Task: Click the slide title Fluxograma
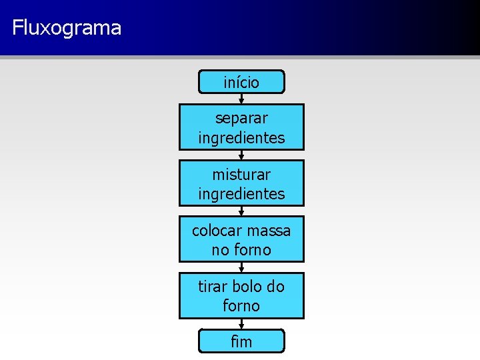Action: pyautogui.click(x=67, y=28)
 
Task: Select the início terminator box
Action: pyautogui.click(x=241, y=82)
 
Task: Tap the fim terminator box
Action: pyautogui.click(x=241, y=341)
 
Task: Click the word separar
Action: pyautogui.click(x=241, y=118)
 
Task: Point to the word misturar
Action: pyautogui.click(x=241, y=175)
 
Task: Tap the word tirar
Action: pyautogui.click(x=213, y=287)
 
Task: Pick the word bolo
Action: pyautogui.click(x=247, y=287)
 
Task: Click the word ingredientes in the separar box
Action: pyautogui.click(x=241, y=138)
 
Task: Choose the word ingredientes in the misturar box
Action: pyautogui.click(x=241, y=194)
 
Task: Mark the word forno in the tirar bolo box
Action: pyautogui.click(x=241, y=306)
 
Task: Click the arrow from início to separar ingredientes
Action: pyautogui.click(x=241, y=98)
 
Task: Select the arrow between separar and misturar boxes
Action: pyautogui.click(x=241, y=155)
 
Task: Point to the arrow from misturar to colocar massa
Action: pyautogui.click(x=241, y=211)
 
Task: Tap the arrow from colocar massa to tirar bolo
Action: pyautogui.click(x=241, y=267)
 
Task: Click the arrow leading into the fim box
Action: pyautogui.click(x=241, y=323)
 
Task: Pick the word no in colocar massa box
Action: pyautogui.click(x=221, y=250)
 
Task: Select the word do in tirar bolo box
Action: pyautogui.click(x=275, y=287)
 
